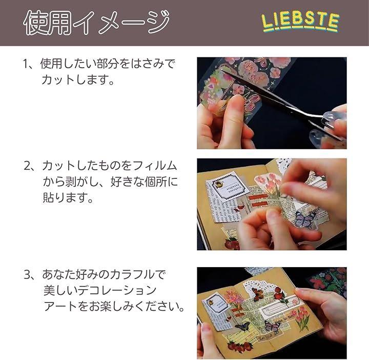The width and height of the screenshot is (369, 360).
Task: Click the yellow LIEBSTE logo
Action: pyautogui.click(x=300, y=22)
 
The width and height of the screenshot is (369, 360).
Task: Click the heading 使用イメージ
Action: pyautogui.click(x=96, y=23)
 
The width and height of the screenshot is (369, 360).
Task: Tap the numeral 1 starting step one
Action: pyautogui.click(x=26, y=64)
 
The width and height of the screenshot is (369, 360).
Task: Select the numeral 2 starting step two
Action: pyautogui.click(x=27, y=166)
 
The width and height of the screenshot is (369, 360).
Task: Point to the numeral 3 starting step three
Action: pyautogui.click(x=27, y=274)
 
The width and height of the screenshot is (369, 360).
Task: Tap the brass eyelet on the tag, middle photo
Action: pyautogui.click(x=219, y=185)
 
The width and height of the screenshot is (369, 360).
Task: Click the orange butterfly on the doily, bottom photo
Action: pyautogui.click(x=257, y=294)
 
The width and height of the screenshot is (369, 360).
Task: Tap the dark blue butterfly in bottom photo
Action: pyautogui.click(x=242, y=326)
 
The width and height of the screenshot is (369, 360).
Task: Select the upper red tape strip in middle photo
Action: pyautogui.click(x=258, y=196)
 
